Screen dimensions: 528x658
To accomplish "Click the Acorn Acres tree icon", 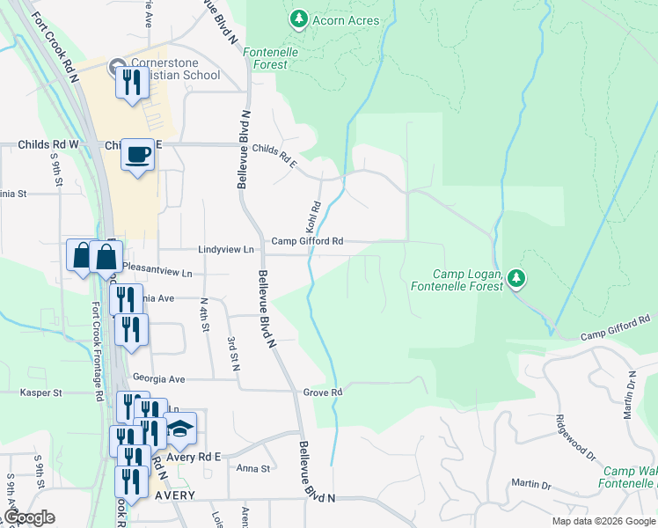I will click(x=299, y=18).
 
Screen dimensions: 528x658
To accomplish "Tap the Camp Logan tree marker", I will click(x=517, y=279).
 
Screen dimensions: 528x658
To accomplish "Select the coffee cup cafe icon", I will click(x=137, y=156).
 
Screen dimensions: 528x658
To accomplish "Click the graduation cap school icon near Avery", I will click(x=179, y=429).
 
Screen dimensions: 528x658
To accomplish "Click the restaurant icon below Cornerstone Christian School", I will click(x=132, y=84).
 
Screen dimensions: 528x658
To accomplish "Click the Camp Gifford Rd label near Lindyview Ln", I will click(x=306, y=241).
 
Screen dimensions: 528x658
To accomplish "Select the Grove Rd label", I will click(x=322, y=392).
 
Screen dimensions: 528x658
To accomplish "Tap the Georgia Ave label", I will click(x=158, y=378).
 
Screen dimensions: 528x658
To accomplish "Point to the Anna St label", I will click(x=252, y=468).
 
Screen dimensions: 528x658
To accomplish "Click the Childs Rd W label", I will click(x=48, y=143).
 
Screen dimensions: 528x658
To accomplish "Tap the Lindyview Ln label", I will click(x=226, y=250).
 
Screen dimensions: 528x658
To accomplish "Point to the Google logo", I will click(x=29, y=517).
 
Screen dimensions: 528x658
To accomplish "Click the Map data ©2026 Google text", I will click(x=603, y=521).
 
